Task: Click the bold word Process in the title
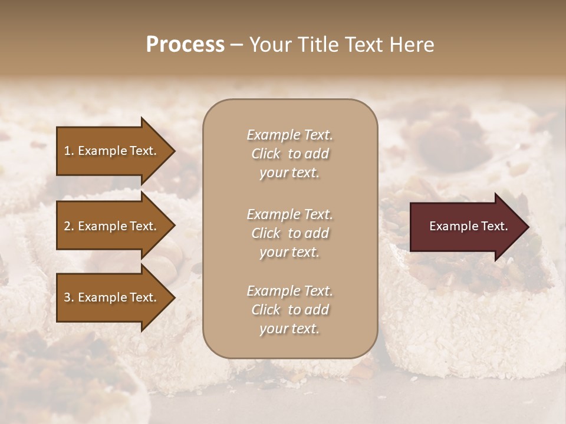coord(185,45)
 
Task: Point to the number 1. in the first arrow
coord(69,151)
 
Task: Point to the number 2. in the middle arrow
coord(69,226)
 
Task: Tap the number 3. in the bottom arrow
coord(69,297)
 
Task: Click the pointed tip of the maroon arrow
coord(526,226)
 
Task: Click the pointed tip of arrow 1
coord(173,151)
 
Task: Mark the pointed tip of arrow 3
coord(173,297)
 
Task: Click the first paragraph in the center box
coord(289,154)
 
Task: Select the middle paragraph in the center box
coord(289,233)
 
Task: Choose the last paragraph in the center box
coord(289,310)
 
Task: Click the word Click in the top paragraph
coord(266,154)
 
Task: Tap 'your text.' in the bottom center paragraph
coord(289,329)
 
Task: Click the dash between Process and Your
coord(236,45)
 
